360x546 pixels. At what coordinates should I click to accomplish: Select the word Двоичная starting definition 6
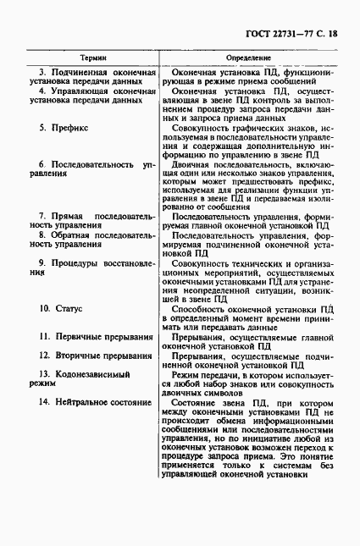[191, 163]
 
